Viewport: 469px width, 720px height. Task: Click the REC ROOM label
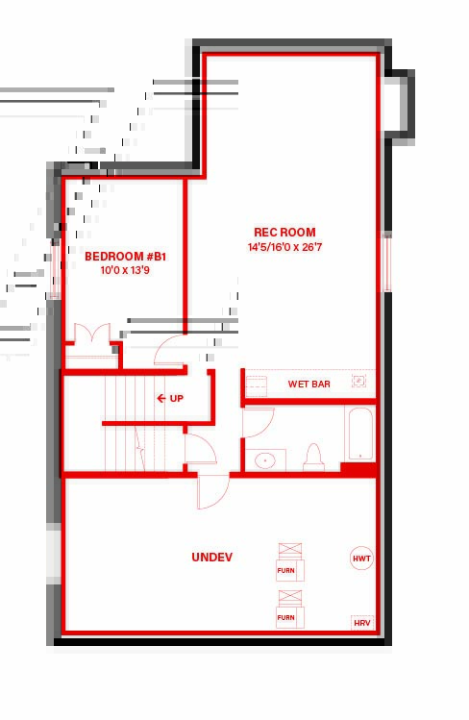(x=284, y=232)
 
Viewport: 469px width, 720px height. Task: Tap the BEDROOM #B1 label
(x=125, y=257)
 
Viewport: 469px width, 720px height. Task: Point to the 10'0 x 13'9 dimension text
(x=125, y=270)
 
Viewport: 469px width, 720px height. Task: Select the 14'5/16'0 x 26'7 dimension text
(x=284, y=247)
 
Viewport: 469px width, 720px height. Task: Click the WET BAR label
(x=309, y=384)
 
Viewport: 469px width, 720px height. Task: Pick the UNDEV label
(x=212, y=557)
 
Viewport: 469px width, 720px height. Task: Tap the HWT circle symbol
(x=361, y=559)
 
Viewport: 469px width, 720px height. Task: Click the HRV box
(x=362, y=623)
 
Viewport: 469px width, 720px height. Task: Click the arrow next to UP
(x=161, y=398)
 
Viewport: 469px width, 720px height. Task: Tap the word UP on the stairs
(x=177, y=398)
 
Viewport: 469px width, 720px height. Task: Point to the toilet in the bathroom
(x=313, y=458)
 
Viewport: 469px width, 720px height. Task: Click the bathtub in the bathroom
(x=360, y=434)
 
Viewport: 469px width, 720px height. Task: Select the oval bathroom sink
(x=265, y=459)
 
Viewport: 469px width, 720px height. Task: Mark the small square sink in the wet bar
(x=358, y=381)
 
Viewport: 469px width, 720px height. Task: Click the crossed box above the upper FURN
(x=290, y=551)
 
